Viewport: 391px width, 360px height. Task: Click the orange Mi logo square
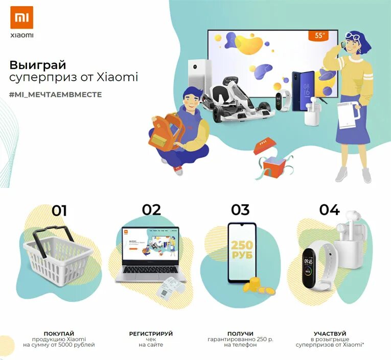pos(21,17)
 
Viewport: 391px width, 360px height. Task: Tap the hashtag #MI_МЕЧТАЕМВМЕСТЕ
pos(55,95)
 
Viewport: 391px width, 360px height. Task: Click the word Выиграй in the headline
pos(38,65)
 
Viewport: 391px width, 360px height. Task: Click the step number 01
pos(59,210)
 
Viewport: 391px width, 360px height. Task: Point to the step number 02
pos(151,210)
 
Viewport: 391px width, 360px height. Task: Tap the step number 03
pos(240,210)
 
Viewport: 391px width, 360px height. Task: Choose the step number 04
pos(330,210)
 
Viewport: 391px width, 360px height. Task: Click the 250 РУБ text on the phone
pos(242,250)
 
